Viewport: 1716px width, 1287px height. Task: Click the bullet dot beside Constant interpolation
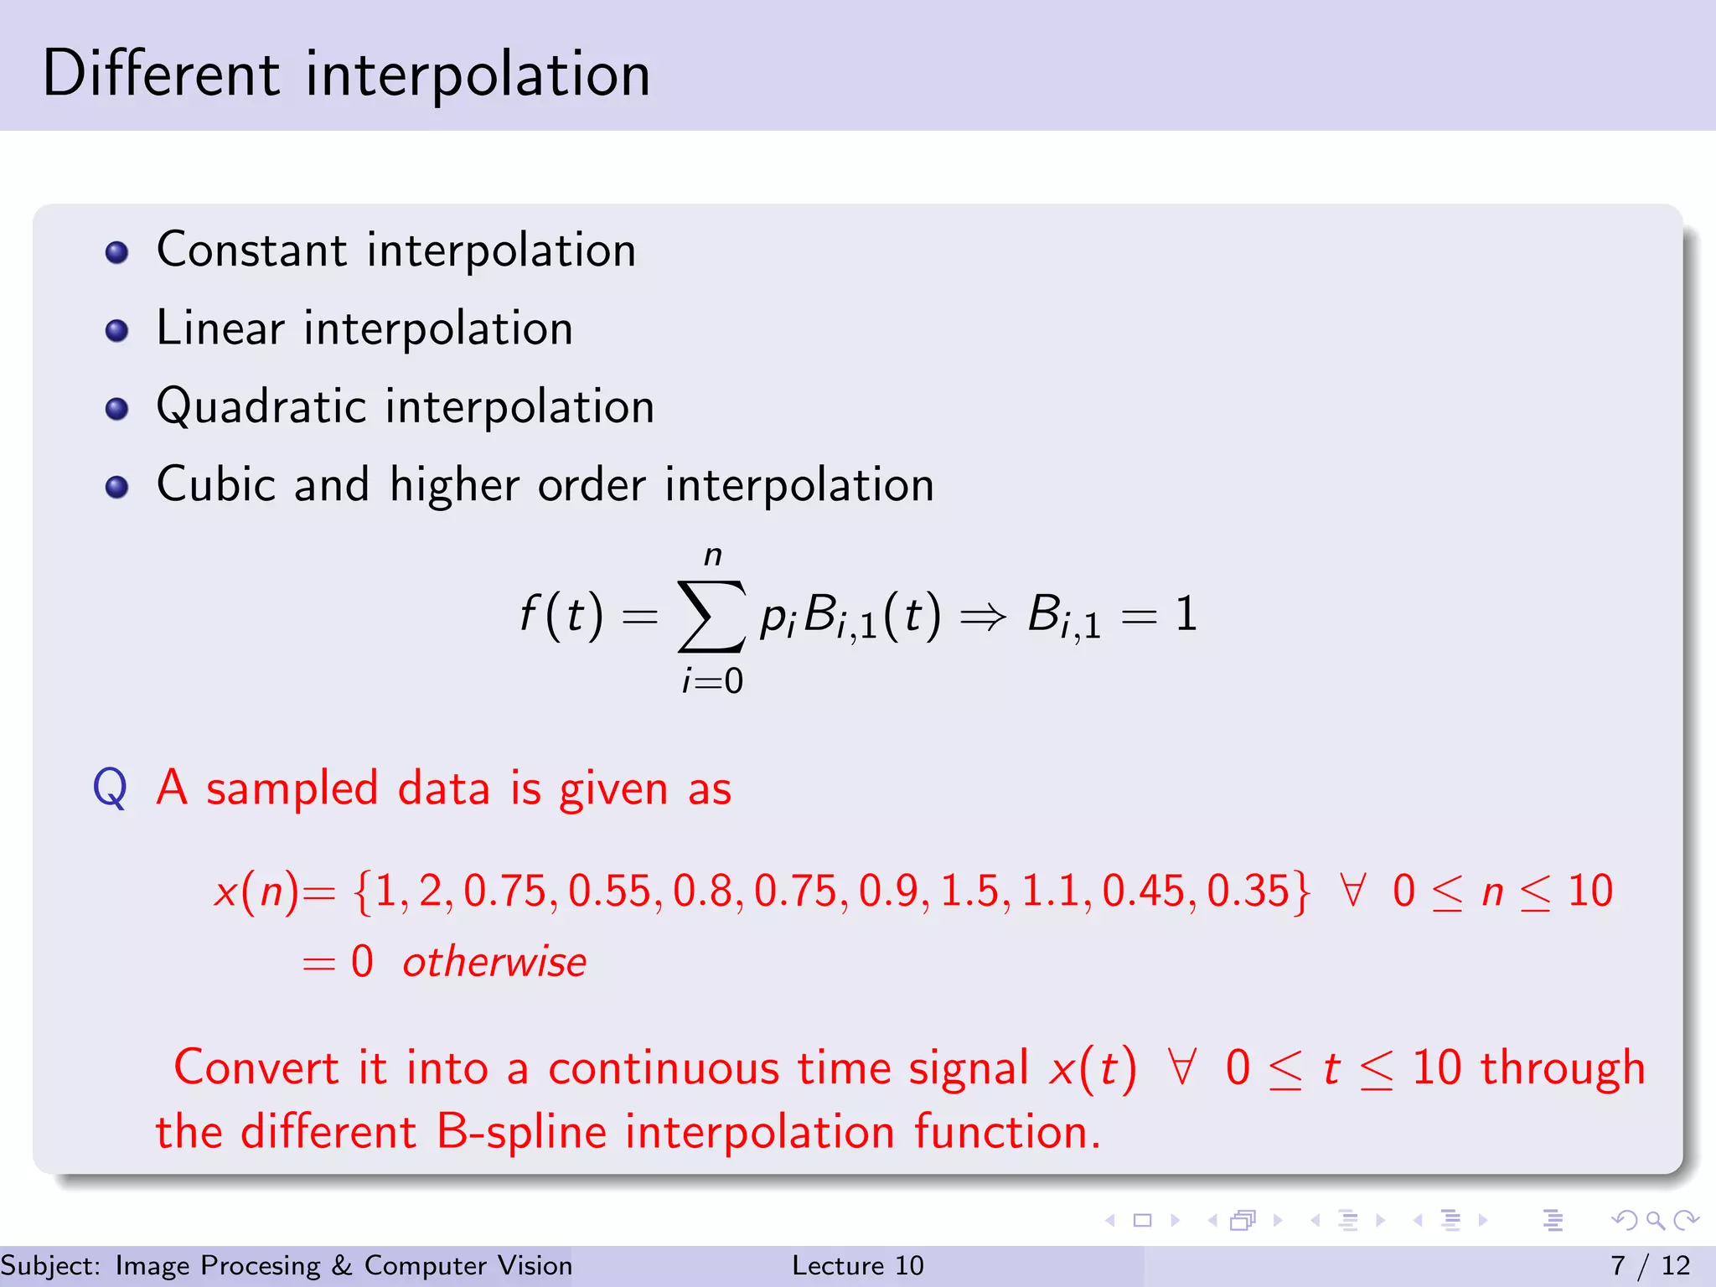(117, 252)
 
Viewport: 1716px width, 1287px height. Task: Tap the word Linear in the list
(220, 328)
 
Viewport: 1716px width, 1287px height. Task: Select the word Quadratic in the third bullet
(261, 407)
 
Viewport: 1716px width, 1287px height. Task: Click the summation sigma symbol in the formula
(711, 616)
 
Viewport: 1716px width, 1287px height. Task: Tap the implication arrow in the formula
(982, 618)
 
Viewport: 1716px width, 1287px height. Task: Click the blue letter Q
(110, 788)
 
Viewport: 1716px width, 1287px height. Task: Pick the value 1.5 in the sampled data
(969, 891)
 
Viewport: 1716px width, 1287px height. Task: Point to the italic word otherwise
(494, 962)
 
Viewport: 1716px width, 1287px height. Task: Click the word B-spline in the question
(521, 1133)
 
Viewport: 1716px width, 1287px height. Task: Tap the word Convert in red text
(256, 1068)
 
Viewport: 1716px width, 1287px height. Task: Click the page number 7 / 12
(1650, 1265)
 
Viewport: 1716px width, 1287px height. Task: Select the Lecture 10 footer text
(857, 1265)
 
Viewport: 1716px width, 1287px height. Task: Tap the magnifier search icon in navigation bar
(1655, 1220)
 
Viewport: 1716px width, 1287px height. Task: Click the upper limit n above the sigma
(712, 556)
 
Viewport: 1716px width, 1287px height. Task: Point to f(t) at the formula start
(561, 614)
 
